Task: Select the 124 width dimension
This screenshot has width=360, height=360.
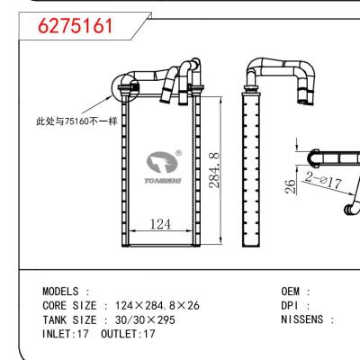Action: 159,223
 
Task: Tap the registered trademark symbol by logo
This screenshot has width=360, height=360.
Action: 178,153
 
